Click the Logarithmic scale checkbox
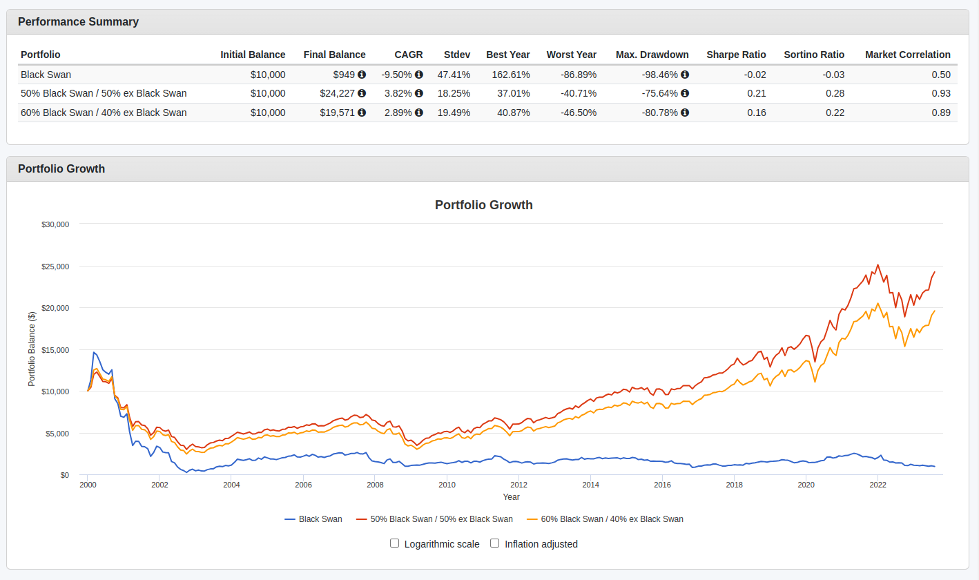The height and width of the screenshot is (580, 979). pyautogui.click(x=395, y=543)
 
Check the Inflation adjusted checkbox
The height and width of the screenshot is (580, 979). pyautogui.click(x=494, y=543)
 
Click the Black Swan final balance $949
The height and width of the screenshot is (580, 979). pyautogui.click(x=343, y=75)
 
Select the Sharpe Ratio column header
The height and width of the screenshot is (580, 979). pyautogui.click(x=736, y=55)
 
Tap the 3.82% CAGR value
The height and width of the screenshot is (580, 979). pyautogui.click(x=398, y=93)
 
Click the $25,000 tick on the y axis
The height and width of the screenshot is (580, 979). pyautogui.click(x=55, y=267)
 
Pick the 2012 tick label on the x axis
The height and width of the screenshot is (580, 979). pyautogui.click(x=518, y=485)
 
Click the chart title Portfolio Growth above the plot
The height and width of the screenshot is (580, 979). pyautogui.click(x=483, y=205)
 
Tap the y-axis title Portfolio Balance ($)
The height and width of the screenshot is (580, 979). pyautogui.click(x=32, y=349)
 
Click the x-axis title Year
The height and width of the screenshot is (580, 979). pyautogui.click(x=511, y=497)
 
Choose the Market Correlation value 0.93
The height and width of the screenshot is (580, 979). pyautogui.click(x=940, y=93)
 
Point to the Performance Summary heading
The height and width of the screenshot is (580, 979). pyautogui.click(x=78, y=21)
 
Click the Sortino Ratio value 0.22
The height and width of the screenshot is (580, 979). pyautogui.click(x=834, y=113)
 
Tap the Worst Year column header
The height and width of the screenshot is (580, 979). pyautogui.click(x=571, y=55)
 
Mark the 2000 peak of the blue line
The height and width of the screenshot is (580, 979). pyautogui.click(x=94, y=352)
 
